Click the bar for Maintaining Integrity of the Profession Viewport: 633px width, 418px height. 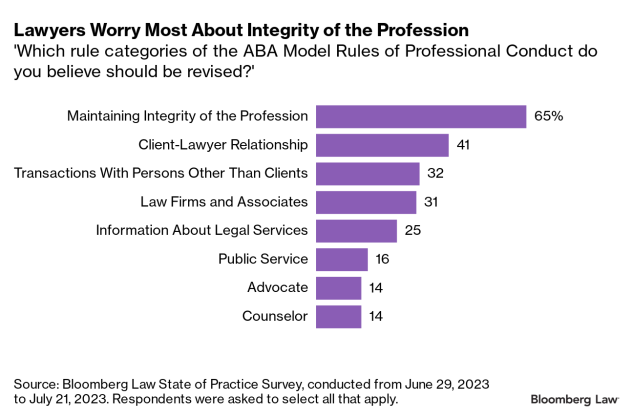point(421,116)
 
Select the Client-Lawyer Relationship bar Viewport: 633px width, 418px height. point(382,145)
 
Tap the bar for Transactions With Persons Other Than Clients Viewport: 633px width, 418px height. point(368,174)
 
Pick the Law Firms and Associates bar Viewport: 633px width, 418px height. point(366,202)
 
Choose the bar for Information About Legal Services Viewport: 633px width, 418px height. point(356,231)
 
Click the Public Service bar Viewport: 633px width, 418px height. point(342,260)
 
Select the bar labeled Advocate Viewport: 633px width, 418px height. point(338,288)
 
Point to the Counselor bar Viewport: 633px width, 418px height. point(338,317)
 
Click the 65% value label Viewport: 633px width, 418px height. point(548,116)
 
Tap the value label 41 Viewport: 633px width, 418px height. point(463,145)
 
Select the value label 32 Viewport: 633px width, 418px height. point(434,174)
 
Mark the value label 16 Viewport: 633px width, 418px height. point(382,260)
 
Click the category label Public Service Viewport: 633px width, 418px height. point(263,260)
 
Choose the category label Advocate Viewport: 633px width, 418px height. point(278,288)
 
